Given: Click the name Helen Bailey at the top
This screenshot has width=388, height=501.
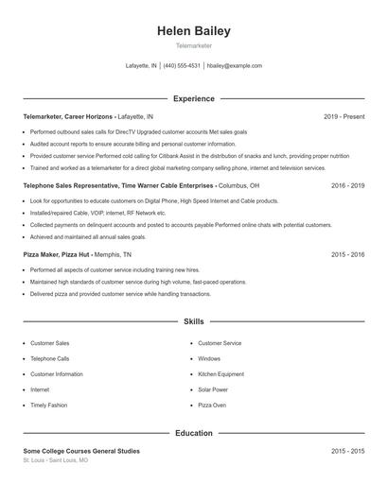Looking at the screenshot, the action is pyautogui.click(x=194, y=31).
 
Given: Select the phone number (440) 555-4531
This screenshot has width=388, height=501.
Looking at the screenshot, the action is pyautogui.click(x=182, y=66).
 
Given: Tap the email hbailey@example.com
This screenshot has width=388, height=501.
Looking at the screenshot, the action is pyautogui.click(x=234, y=66).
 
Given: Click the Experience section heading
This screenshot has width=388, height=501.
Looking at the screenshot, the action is pyautogui.click(x=194, y=98).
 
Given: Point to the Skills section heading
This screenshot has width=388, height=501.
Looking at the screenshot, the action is pyautogui.click(x=194, y=322).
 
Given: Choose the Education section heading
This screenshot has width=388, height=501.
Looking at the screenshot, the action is pyautogui.click(x=194, y=433).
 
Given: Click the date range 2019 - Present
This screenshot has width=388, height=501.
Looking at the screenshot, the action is pyautogui.click(x=344, y=116).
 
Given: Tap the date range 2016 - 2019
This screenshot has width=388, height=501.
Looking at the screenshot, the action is pyautogui.click(x=347, y=185).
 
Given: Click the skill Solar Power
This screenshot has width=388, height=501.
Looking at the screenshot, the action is pyautogui.click(x=213, y=389).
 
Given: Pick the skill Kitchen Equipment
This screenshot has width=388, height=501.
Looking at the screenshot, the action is pyautogui.click(x=220, y=374).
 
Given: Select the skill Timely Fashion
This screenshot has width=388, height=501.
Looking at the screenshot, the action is pyautogui.click(x=49, y=405).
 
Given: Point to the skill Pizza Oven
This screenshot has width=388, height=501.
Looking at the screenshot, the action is pyautogui.click(x=212, y=405).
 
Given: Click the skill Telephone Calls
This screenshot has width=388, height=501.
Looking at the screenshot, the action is pyautogui.click(x=50, y=359).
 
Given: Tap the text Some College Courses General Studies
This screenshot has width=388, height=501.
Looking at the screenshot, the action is pyautogui.click(x=81, y=452).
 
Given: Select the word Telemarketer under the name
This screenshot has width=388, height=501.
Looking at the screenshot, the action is pyautogui.click(x=194, y=45).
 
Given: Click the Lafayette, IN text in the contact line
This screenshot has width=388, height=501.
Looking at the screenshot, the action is pyautogui.click(x=140, y=66).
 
